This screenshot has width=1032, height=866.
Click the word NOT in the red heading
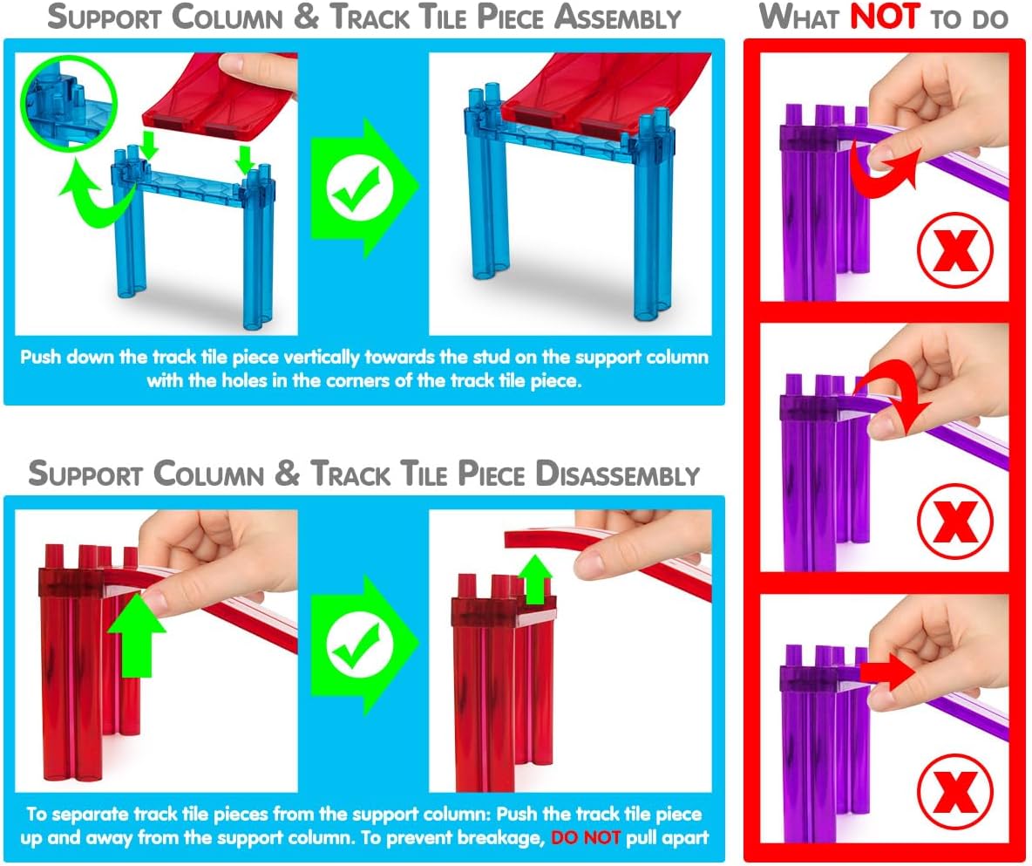(886, 17)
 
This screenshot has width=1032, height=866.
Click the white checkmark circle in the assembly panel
(360, 188)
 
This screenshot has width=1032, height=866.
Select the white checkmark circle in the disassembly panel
(360, 645)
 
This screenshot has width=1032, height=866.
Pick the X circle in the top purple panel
(954, 249)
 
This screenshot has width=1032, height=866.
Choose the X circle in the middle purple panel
(954, 521)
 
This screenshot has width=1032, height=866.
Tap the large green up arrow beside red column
(137, 633)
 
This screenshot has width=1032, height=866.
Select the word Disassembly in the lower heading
(617, 474)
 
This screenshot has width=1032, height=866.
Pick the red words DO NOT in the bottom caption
(586, 838)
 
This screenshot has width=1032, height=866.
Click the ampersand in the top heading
(306, 17)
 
